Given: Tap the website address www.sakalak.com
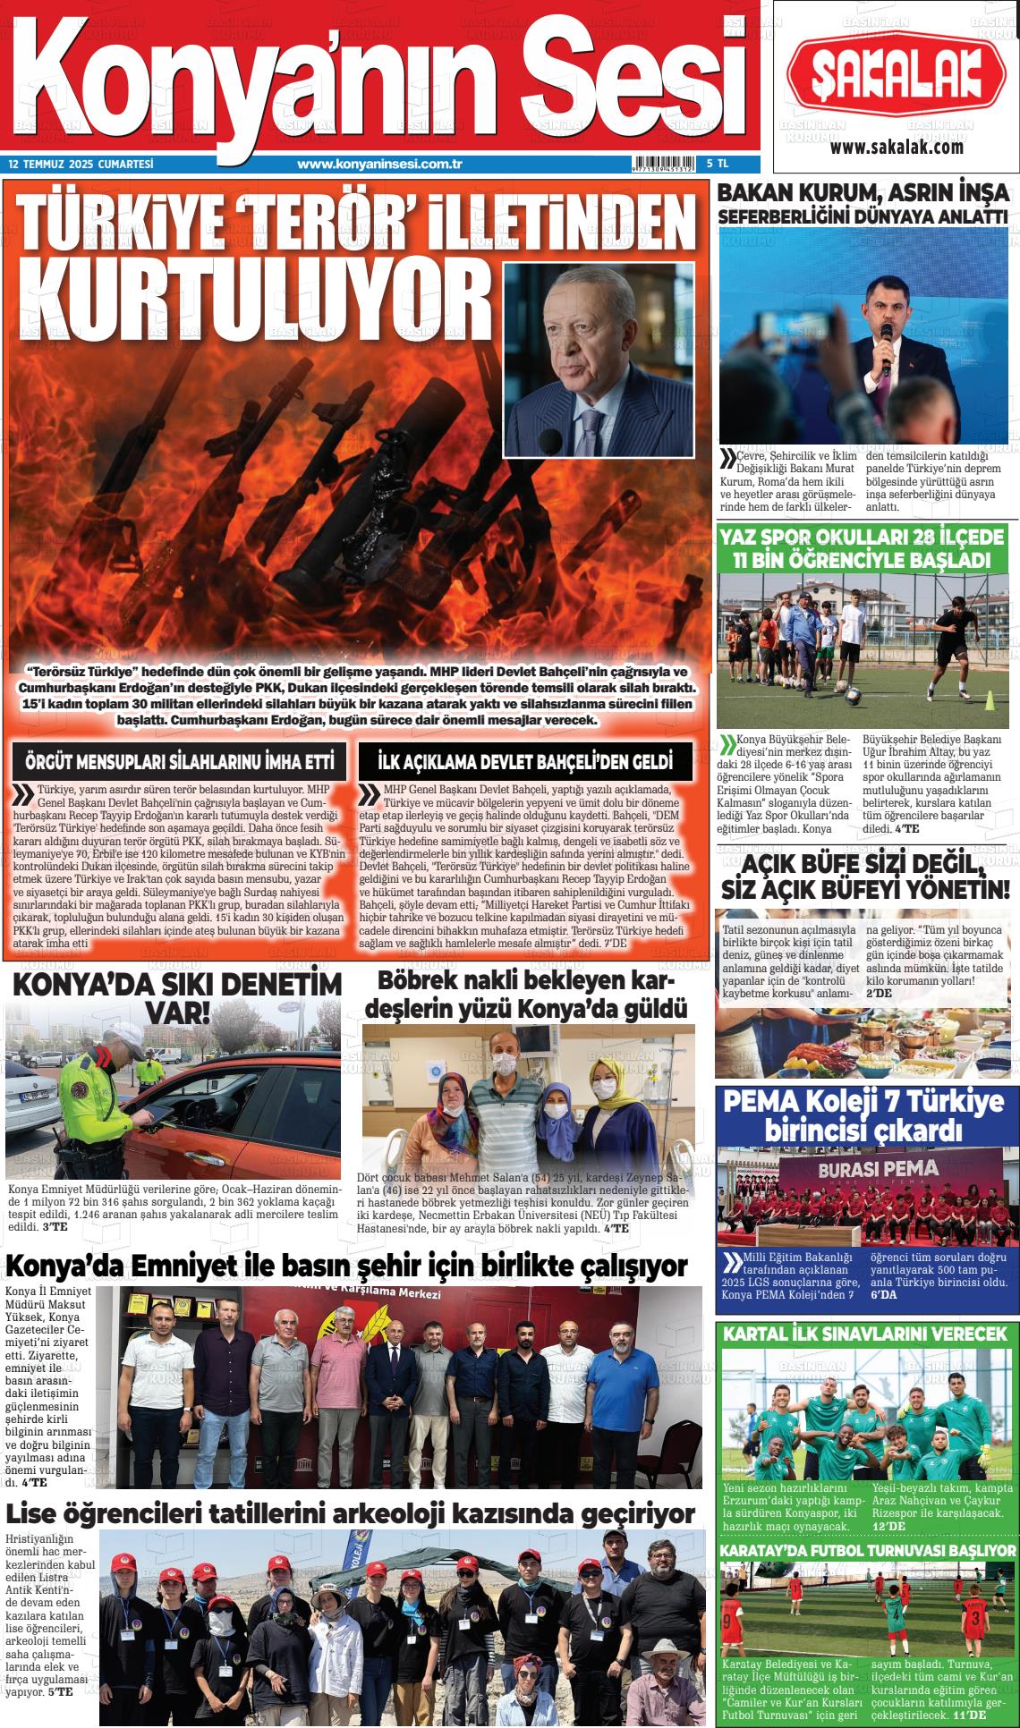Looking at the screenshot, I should [x=896, y=148].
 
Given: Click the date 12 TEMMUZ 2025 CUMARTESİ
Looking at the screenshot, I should [x=81, y=165].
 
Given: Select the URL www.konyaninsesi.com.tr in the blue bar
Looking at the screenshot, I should [x=378, y=165].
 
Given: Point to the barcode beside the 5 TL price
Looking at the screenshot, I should [x=665, y=165].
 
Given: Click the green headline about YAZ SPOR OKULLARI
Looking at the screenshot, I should [x=866, y=548].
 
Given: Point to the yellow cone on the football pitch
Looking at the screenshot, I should [x=990, y=702].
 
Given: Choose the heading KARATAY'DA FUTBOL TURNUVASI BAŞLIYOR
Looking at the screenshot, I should [x=867, y=1550].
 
